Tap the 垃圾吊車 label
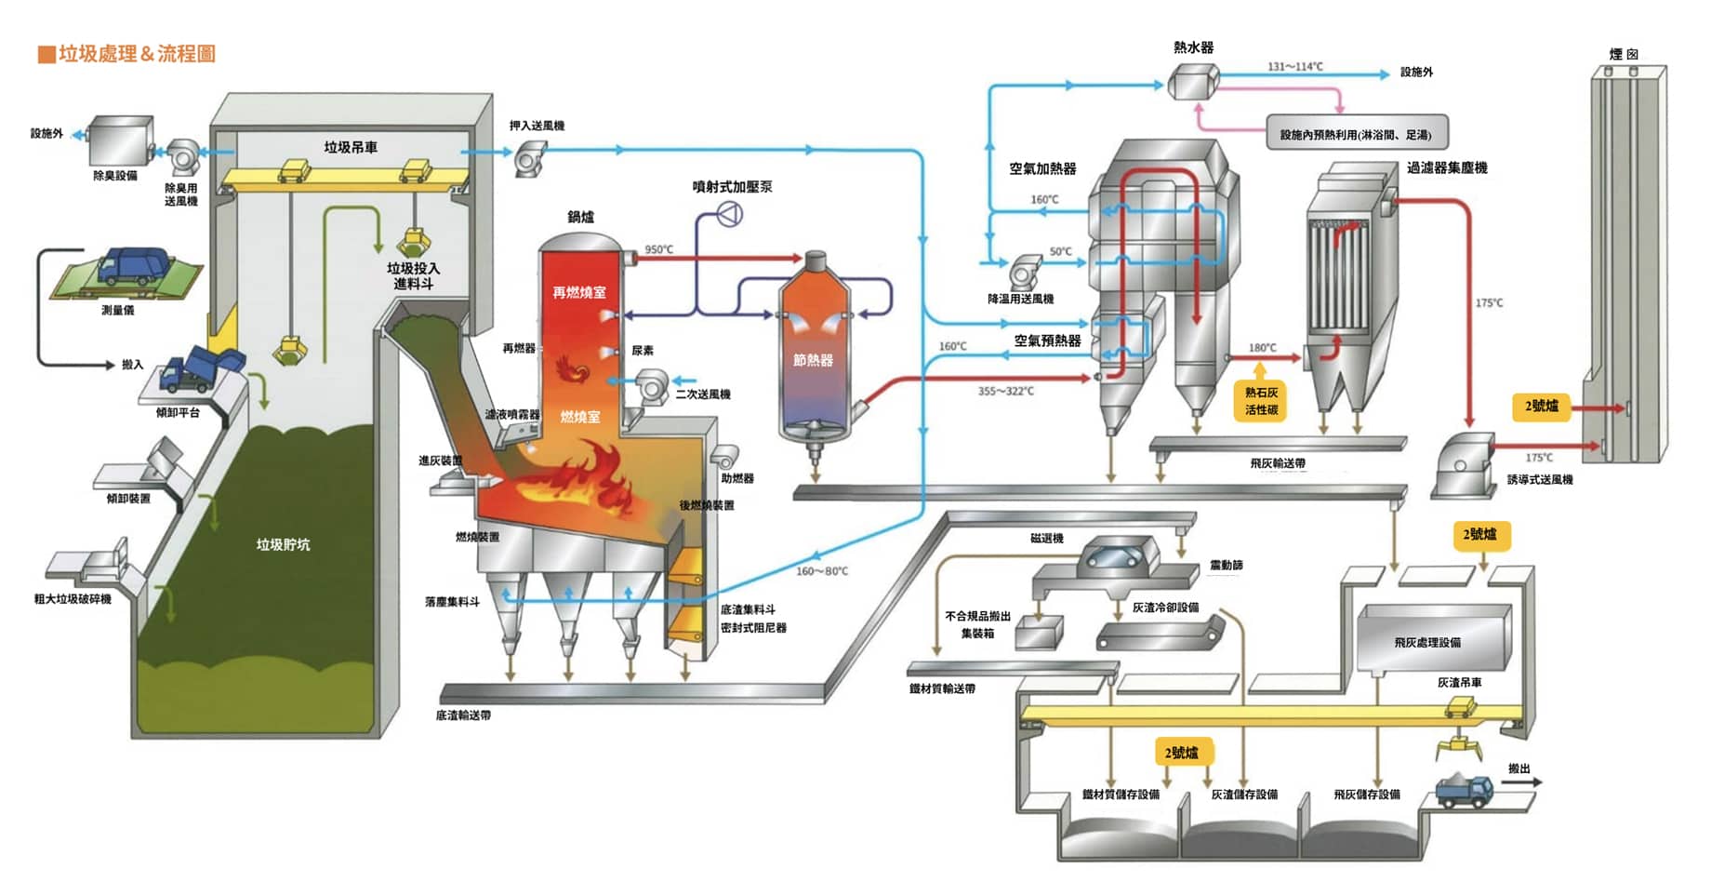[351, 147]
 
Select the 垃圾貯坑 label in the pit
[283, 544]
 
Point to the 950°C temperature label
[658, 249]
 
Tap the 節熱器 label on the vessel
[813, 360]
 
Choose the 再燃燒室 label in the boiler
[578, 292]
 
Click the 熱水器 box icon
[1192, 82]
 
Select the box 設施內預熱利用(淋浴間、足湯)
[1356, 134]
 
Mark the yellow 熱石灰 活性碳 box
[1261, 401]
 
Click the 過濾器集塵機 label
[1446, 167]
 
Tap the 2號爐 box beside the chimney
[1541, 406]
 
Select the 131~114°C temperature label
[1294, 66]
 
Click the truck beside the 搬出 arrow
[1465, 790]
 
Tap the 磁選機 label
[1046, 538]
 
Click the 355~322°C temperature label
[1005, 391]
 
